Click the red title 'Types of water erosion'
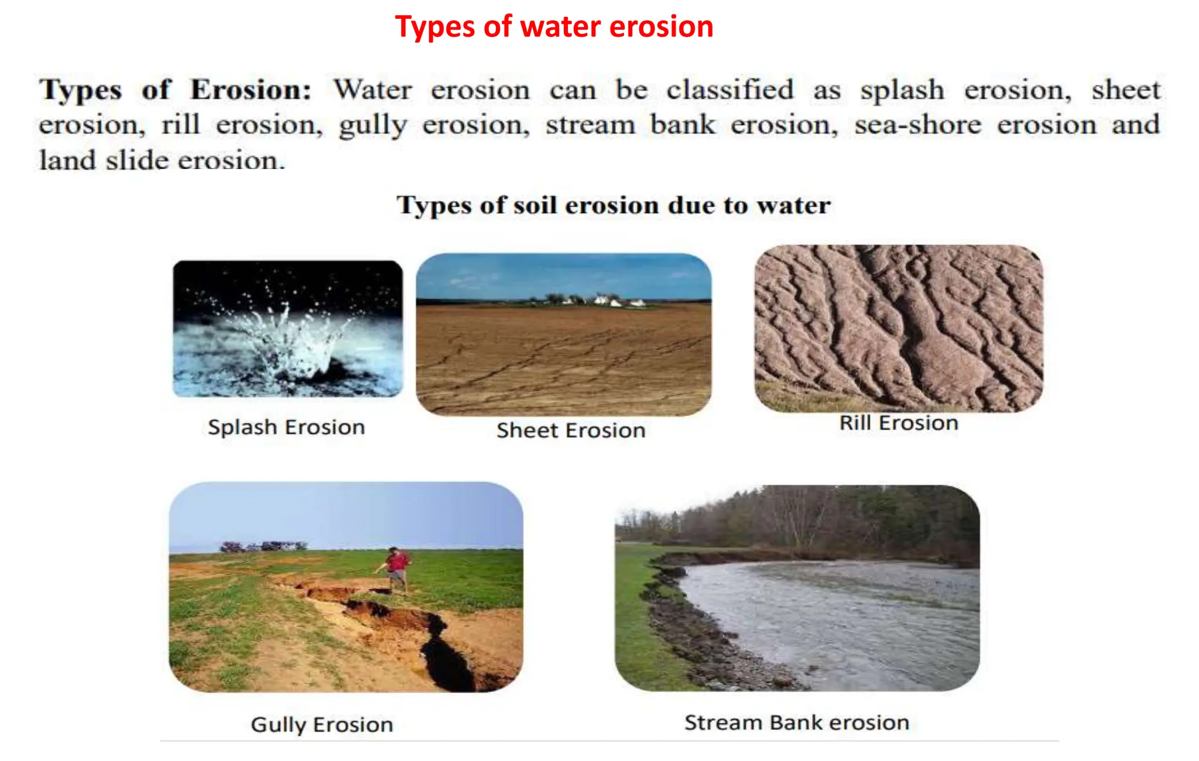(x=554, y=27)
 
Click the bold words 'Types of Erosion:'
(x=174, y=91)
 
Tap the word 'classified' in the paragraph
(x=729, y=91)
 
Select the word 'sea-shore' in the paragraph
(x=917, y=125)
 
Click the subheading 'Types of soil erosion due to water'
(x=613, y=205)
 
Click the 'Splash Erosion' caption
(x=286, y=427)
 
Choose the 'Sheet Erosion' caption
(x=571, y=431)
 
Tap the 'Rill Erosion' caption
(x=899, y=423)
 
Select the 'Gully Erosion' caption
(x=321, y=725)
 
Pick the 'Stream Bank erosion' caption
(x=797, y=722)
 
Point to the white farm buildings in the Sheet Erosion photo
(x=609, y=301)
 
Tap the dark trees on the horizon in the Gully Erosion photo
(x=263, y=546)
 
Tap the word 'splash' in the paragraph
(x=902, y=91)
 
